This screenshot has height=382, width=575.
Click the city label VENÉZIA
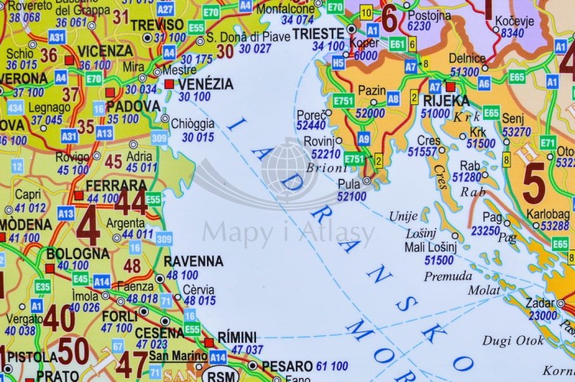tap(205, 84)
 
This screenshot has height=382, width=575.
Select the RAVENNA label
tap(193, 262)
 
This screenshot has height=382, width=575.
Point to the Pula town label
tap(349, 184)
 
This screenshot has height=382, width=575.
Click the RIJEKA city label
tap(445, 100)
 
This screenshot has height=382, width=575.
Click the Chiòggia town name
tap(192, 123)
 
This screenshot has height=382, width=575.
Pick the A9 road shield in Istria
tap(363, 138)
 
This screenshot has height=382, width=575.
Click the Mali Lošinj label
tap(430, 247)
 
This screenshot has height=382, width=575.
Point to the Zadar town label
tap(542, 303)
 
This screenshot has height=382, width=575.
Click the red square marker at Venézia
tap(169, 84)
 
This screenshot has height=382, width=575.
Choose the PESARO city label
tap(287, 366)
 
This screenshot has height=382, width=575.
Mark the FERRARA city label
tap(117, 186)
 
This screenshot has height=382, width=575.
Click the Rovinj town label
tap(319, 140)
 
